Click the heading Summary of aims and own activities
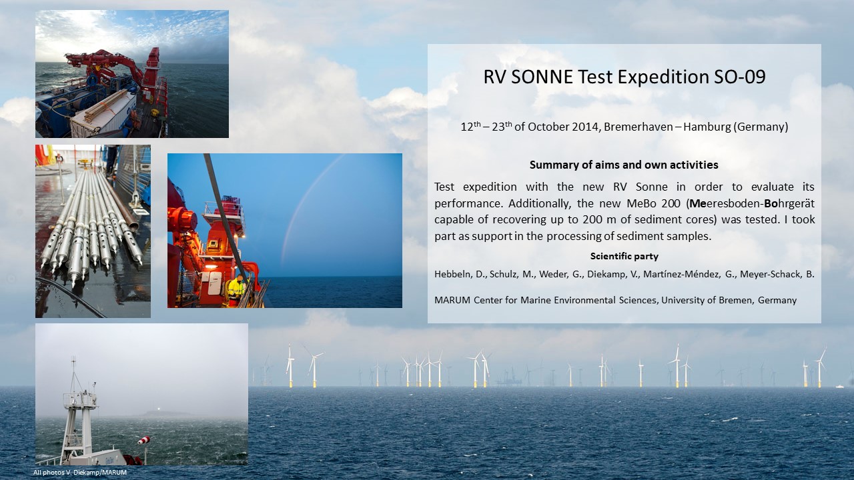(x=624, y=165)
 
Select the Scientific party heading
(x=624, y=257)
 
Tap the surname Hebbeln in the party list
(x=452, y=274)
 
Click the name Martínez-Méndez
(x=682, y=274)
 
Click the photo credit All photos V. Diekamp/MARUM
(x=79, y=473)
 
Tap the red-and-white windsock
(x=143, y=441)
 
